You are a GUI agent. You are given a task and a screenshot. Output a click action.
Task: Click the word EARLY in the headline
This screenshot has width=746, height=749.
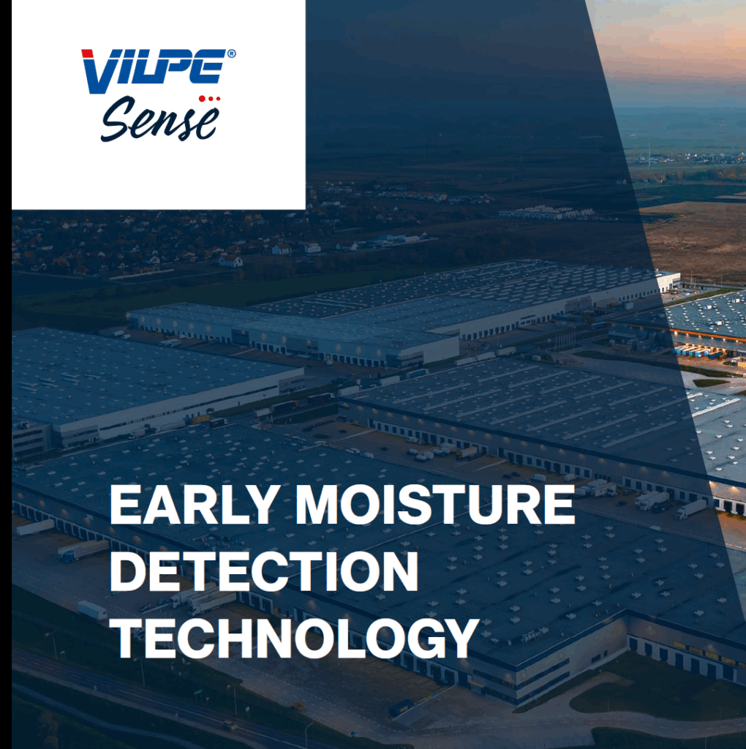click(195, 505)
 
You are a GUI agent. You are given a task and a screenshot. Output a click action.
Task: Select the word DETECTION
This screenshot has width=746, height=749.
click(265, 572)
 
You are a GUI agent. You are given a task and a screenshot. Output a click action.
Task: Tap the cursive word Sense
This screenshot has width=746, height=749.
click(160, 119)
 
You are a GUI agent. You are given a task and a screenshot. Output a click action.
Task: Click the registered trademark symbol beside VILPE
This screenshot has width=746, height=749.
click(232, 53)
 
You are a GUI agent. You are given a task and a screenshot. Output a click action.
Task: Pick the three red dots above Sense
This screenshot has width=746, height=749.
click(209, 99)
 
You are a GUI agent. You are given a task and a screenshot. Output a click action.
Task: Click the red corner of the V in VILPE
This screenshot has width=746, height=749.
click(88, 53)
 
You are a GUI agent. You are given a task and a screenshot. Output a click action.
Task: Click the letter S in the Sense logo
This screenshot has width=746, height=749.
click(117, 119)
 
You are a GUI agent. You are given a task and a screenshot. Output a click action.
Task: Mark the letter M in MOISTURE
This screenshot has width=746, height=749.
click(316, 505)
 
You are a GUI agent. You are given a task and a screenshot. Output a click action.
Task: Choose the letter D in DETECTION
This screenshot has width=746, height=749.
click(127, 572)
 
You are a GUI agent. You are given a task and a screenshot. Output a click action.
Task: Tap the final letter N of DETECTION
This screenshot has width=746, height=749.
click(402, 572)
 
